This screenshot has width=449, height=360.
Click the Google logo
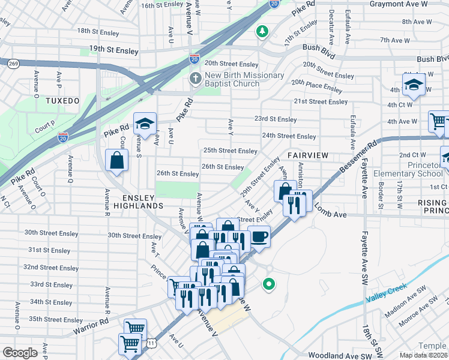point(20,353)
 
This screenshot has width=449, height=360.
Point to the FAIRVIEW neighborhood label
point(307,155)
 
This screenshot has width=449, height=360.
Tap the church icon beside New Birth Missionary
point(195,79)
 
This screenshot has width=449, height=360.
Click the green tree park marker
point(262,31)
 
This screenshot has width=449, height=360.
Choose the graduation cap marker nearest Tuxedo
point(145,124)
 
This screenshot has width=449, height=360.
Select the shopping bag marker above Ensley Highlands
point(116,160)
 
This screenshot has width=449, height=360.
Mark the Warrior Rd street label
point(92,330)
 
